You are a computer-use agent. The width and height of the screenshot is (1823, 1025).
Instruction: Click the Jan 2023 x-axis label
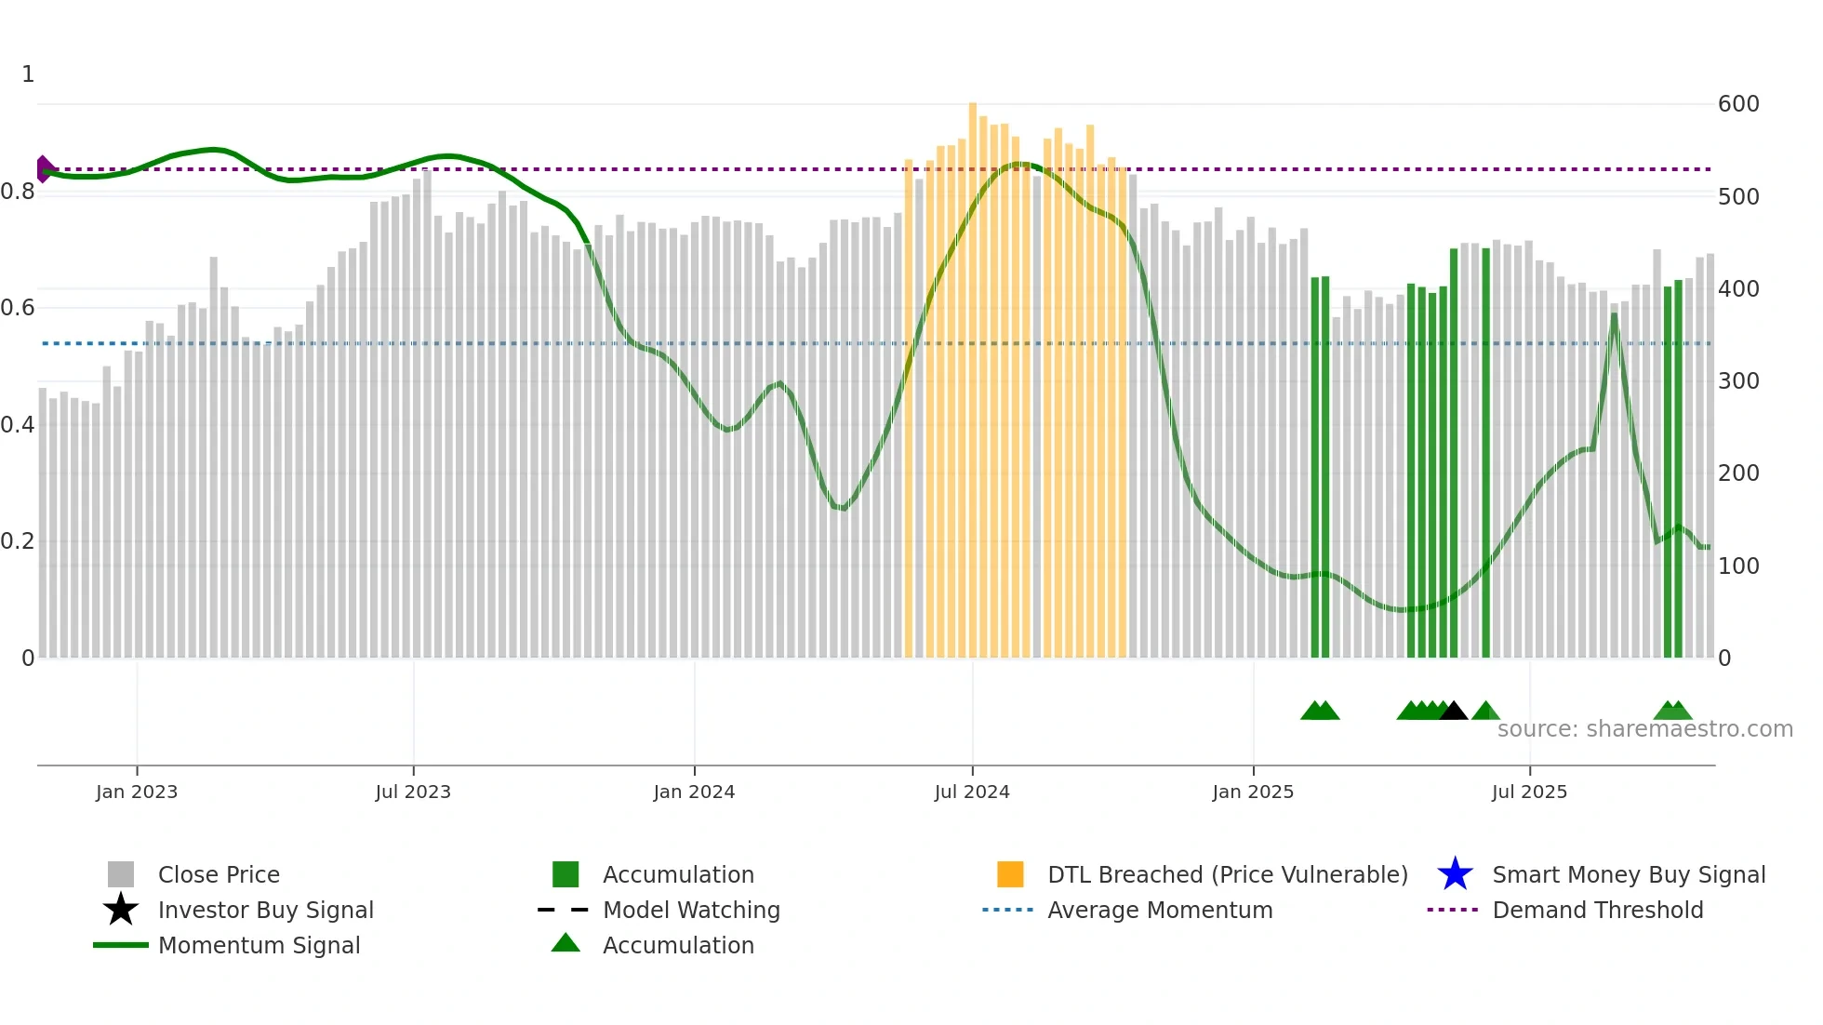(x=137, y=792)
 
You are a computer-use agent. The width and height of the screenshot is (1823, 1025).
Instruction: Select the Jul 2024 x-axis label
(x=972, y=792)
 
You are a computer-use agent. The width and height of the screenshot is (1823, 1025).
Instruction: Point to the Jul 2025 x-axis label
(x=1529, y=792)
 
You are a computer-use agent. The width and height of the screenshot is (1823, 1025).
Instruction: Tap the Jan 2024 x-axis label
(x=694, y=792)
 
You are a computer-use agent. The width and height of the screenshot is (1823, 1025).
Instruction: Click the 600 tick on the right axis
(x=1738, y=104)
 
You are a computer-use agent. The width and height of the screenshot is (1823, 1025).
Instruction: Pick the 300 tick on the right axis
(x=1738, y=381)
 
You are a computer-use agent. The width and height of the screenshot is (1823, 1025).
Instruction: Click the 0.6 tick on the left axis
(x=18, y=308)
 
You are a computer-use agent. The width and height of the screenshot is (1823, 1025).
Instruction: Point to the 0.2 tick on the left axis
(x=18, y=541)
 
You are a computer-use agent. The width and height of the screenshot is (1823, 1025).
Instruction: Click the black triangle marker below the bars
(x=1453, y=712)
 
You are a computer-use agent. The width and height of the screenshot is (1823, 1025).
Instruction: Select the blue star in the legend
(x=1455, y=874)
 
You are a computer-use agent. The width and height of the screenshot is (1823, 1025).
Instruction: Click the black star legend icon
(x=121, y=910)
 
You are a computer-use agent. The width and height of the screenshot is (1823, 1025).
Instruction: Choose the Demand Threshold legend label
(x=1597, y=910)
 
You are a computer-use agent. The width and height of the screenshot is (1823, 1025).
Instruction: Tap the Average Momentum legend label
(x=1160, y=910)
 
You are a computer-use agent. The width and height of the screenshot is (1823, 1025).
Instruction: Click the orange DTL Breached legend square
(x=1010, y=874)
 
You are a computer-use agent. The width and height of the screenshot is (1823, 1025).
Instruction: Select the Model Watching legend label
(x=691, y=910)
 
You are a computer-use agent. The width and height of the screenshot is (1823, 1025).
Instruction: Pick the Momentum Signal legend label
(x=259, y=945)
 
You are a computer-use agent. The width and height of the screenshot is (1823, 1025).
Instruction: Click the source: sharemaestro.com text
(x=1644, y=729)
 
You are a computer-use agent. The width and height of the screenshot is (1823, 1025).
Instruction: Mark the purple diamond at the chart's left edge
(x=44, y=169)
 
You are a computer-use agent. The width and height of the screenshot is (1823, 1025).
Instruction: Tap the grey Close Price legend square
(x=121, y=874)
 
